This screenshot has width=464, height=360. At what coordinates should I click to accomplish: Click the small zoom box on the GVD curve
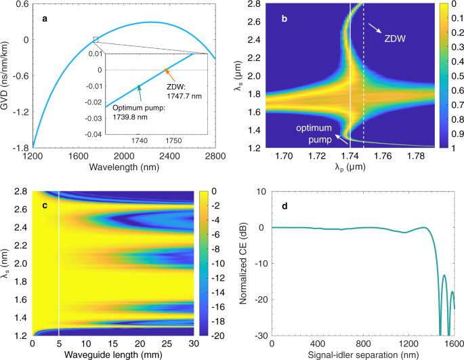(96, 39)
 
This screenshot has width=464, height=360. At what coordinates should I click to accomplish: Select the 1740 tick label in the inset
(139, 140)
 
